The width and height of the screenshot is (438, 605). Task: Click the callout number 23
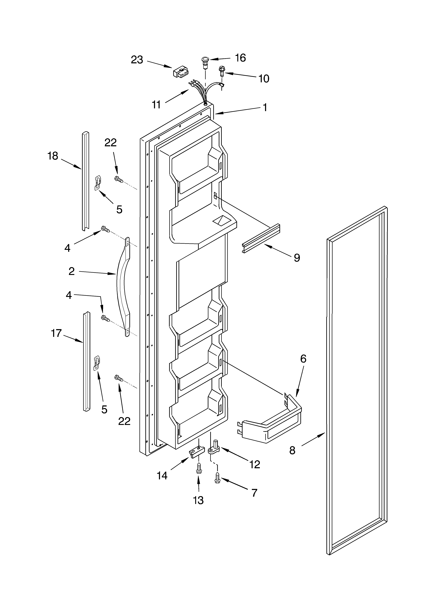[137, 60]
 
